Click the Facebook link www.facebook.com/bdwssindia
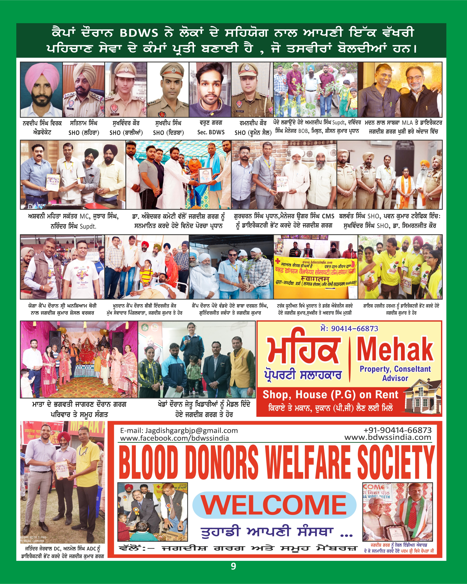coord(174,438)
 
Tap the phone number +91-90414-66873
coord(397,430)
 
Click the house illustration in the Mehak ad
coord(423,398)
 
